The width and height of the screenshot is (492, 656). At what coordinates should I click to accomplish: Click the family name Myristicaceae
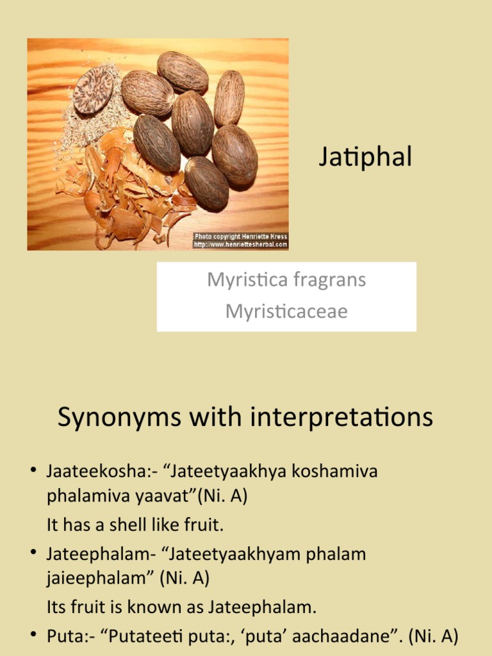pyautogui.click(x=286, y=311)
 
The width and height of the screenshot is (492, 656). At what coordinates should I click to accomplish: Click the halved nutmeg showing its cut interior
pyautogui.click(x=93, y=90)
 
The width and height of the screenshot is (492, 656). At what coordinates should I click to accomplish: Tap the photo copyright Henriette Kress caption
pyautogui.click(x=241, y=236)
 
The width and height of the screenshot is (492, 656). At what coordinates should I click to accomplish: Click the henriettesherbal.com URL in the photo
pyautogui.click(x=241, y=245)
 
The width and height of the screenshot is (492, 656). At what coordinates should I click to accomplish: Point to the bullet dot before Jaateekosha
pyautogui.click(x=33, y=471)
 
